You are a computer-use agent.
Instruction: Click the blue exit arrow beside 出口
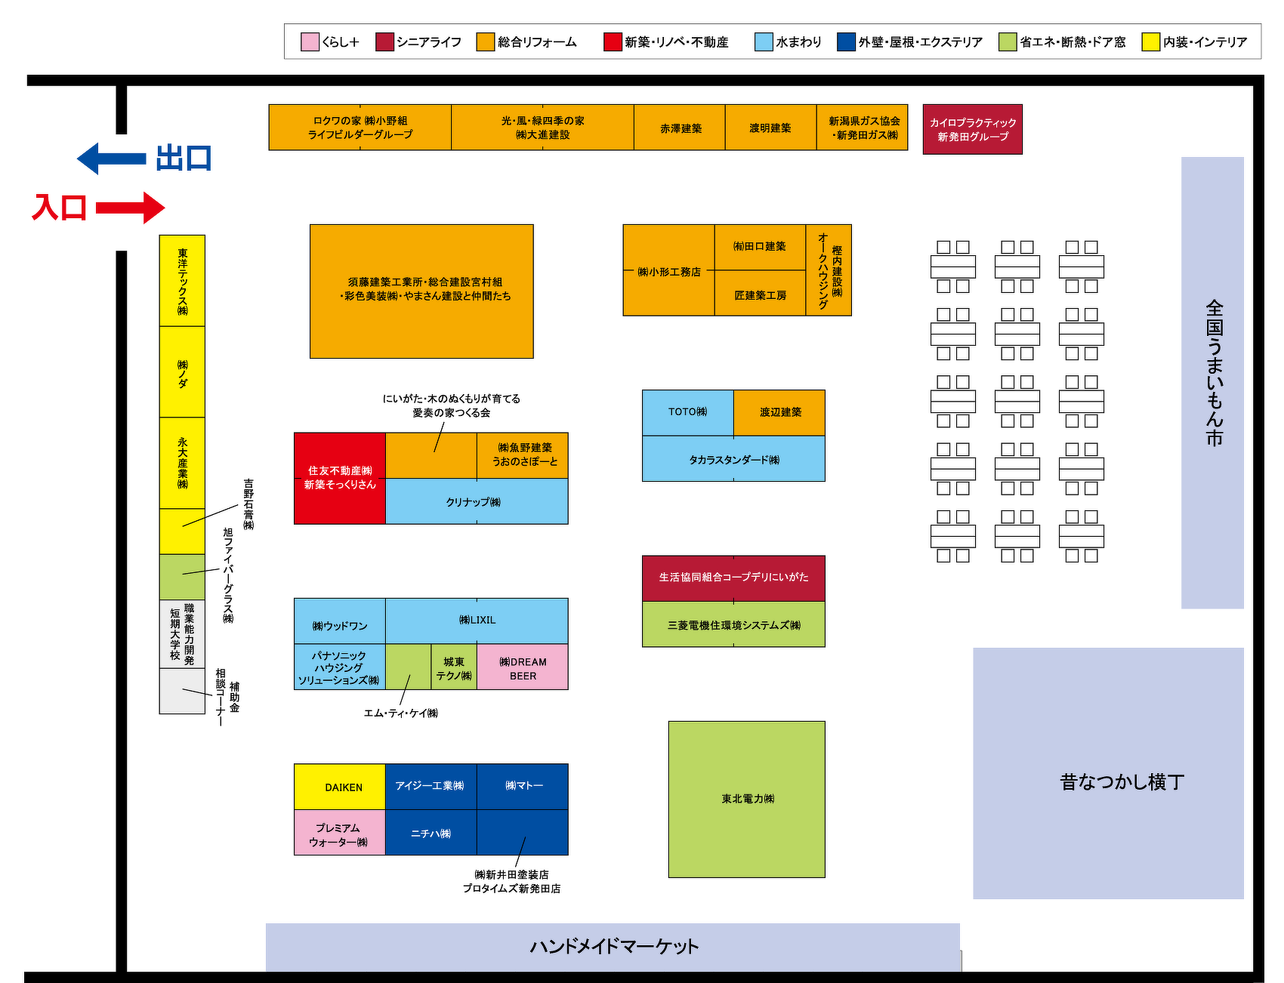[x=111, y=159]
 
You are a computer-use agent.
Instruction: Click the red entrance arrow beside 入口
[x=130, y=208]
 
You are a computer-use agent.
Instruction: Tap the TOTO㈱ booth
[x=687, y=412]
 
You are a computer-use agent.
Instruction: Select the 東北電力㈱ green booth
[x=746, y=799]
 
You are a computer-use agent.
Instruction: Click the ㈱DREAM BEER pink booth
[x=522, y=667]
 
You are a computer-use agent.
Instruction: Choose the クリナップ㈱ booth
[x=476, y=502]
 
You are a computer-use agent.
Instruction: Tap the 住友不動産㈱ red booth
[x=340, y=478]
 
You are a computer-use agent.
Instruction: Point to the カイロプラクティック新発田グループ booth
[x=972, y=130]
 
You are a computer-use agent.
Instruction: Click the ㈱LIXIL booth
[x=477, y=620]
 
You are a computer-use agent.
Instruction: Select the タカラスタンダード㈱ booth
[x=733, y=459]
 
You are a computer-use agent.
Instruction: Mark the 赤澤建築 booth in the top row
[x=680, y=128]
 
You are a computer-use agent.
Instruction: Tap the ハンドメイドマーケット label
[x=613, y=946]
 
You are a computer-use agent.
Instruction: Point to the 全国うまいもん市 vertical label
[x=1213, y=374]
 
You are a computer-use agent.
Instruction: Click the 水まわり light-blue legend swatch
[x=764, y=42]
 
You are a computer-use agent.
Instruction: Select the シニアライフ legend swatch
[x=384, y=42]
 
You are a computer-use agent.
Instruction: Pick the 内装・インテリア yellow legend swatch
[x=1150, y=42]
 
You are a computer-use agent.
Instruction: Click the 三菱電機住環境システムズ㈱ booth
[x=733, y=625]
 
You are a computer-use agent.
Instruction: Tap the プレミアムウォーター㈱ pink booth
[x=340, y=834]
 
